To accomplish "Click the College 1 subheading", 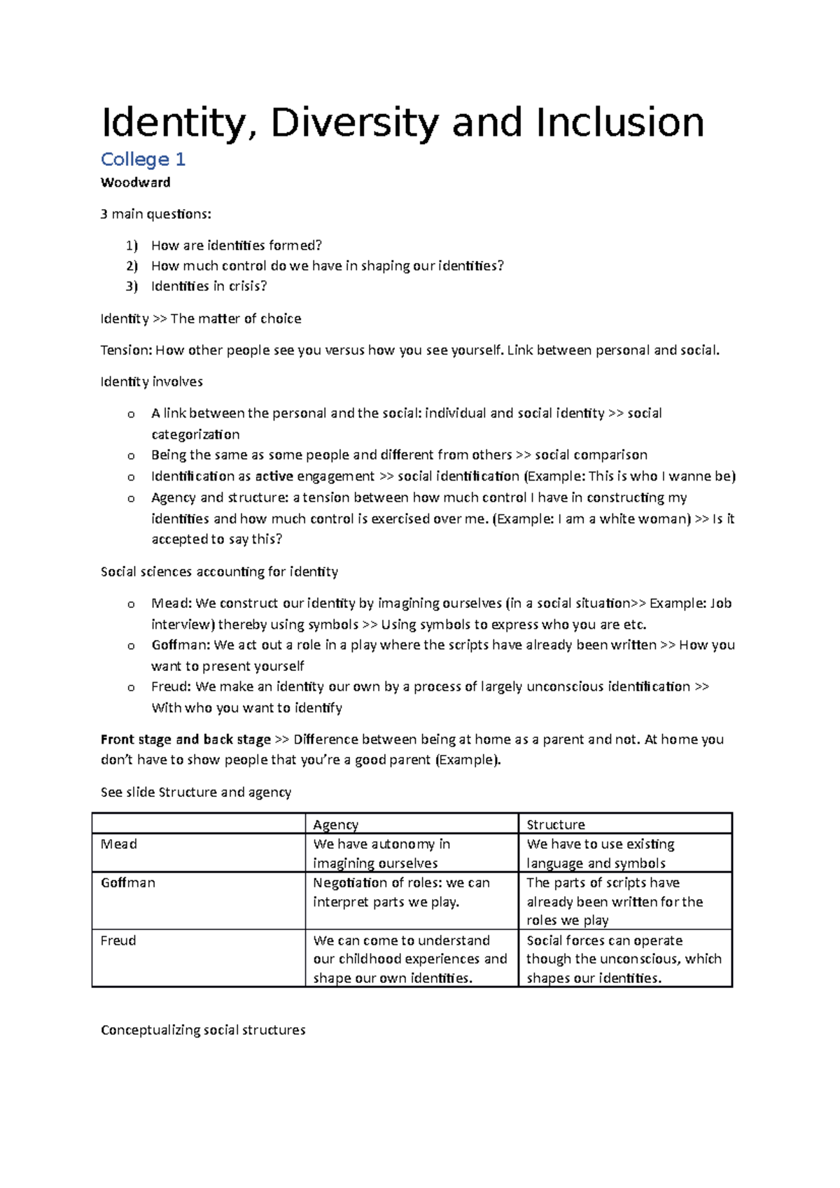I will tap(143, 160).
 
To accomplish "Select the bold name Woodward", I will tap(136, 183).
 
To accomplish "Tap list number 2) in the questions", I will tap(132, 266).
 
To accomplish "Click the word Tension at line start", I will tap(126, 351).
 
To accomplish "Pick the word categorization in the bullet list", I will tap(195, 434).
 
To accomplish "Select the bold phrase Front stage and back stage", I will tap(185, 740).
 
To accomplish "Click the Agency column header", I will tap(335, 825).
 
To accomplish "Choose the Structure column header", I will tap(556, 825).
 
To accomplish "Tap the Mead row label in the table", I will tap(119, 844).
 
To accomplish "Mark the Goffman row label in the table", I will tap(128, 883).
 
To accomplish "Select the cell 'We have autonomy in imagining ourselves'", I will tap(381, 854).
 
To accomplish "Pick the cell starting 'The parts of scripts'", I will tap(614, 902).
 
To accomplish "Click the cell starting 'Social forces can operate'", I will tap(623, 959).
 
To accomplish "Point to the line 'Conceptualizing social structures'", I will tap(203, 1031).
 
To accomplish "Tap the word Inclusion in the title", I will tap(620, 123).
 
